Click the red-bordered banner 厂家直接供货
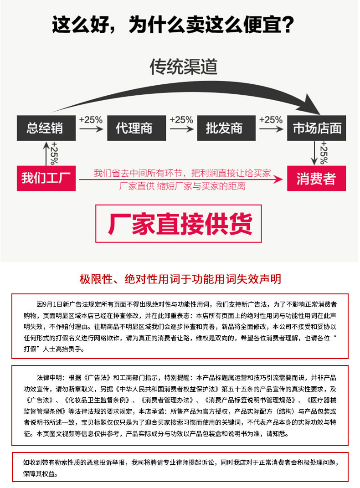pyautogui.click(x=178, y=223)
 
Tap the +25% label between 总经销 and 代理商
pyautogui.click(x=91, y=120)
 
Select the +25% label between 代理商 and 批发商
pyautogui.click(x=181, y=120)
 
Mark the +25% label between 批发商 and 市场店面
pyautogui.click(x=271, y=120)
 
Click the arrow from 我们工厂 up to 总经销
pyautogui.click(x=46, y=153)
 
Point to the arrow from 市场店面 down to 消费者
pyautogui.click(x=314, y=153)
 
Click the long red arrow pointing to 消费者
pyautogui.click(x=182, y=180)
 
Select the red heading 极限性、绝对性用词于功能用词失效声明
pyautogui.click(x=180, y=279)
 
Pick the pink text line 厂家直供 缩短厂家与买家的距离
pyautogui.click(x=182, y=186)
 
